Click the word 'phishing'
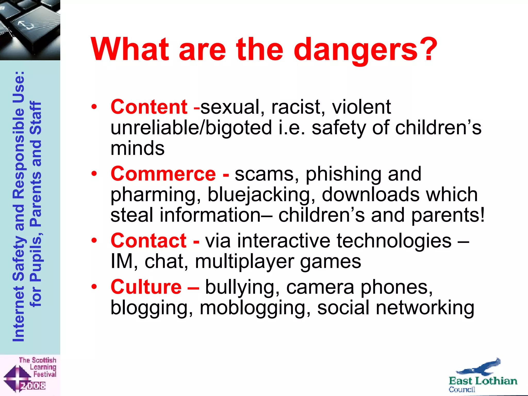pyautogui.click(x=343, y=174)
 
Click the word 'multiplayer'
pyautogui.click(x=244, y=262)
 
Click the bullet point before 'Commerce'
pyautogui.click(x=94, y=174)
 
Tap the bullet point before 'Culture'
pyautogui.click(x=94, y=286)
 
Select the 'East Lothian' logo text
pyautogui.click(x=483, y=381)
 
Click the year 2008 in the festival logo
pyautogui.click(x=33, y=386)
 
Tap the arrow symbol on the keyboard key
pyautogui.click(x=26, y=25)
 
